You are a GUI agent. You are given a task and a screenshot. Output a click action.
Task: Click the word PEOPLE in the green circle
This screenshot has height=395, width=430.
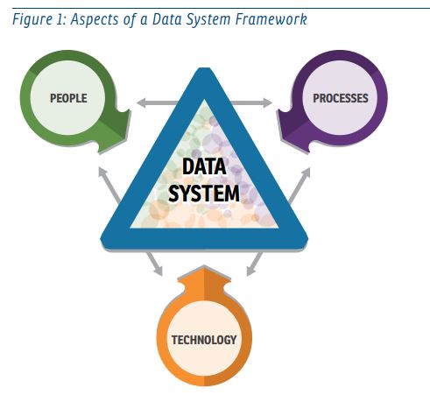point(68,98)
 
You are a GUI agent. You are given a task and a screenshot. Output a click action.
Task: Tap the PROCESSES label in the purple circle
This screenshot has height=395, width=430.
point(341,98)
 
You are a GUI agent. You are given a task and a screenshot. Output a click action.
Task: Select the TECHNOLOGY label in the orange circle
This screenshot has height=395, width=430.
point(204,340)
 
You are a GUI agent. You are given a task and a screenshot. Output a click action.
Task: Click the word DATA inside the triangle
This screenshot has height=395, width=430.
point(204,166)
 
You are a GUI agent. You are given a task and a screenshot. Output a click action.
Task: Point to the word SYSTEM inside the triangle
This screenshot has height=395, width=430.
point(204,194)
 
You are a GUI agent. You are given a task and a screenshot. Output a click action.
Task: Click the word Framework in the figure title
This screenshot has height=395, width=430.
point(271,19)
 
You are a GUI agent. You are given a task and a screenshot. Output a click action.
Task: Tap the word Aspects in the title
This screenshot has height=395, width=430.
point(95,20)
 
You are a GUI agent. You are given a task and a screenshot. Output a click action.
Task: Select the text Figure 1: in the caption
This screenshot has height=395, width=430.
point(39,20)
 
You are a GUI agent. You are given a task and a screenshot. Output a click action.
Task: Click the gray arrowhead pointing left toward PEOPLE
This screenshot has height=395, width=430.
point(142,102)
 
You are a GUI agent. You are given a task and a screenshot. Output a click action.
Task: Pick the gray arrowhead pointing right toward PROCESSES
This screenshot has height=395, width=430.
point(267,102)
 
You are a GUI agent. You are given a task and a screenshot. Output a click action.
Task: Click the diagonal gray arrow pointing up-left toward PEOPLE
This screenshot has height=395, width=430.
point(109,185)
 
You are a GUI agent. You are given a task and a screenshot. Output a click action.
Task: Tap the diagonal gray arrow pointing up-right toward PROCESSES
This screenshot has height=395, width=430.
point(299,185)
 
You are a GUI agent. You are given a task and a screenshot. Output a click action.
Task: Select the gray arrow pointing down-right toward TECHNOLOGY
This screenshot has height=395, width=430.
point(155,265)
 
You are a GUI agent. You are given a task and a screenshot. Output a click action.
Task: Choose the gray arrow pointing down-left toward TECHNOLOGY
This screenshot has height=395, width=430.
point(254,265)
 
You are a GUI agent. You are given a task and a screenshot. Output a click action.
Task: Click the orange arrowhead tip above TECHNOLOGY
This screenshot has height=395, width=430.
point(204,266)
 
